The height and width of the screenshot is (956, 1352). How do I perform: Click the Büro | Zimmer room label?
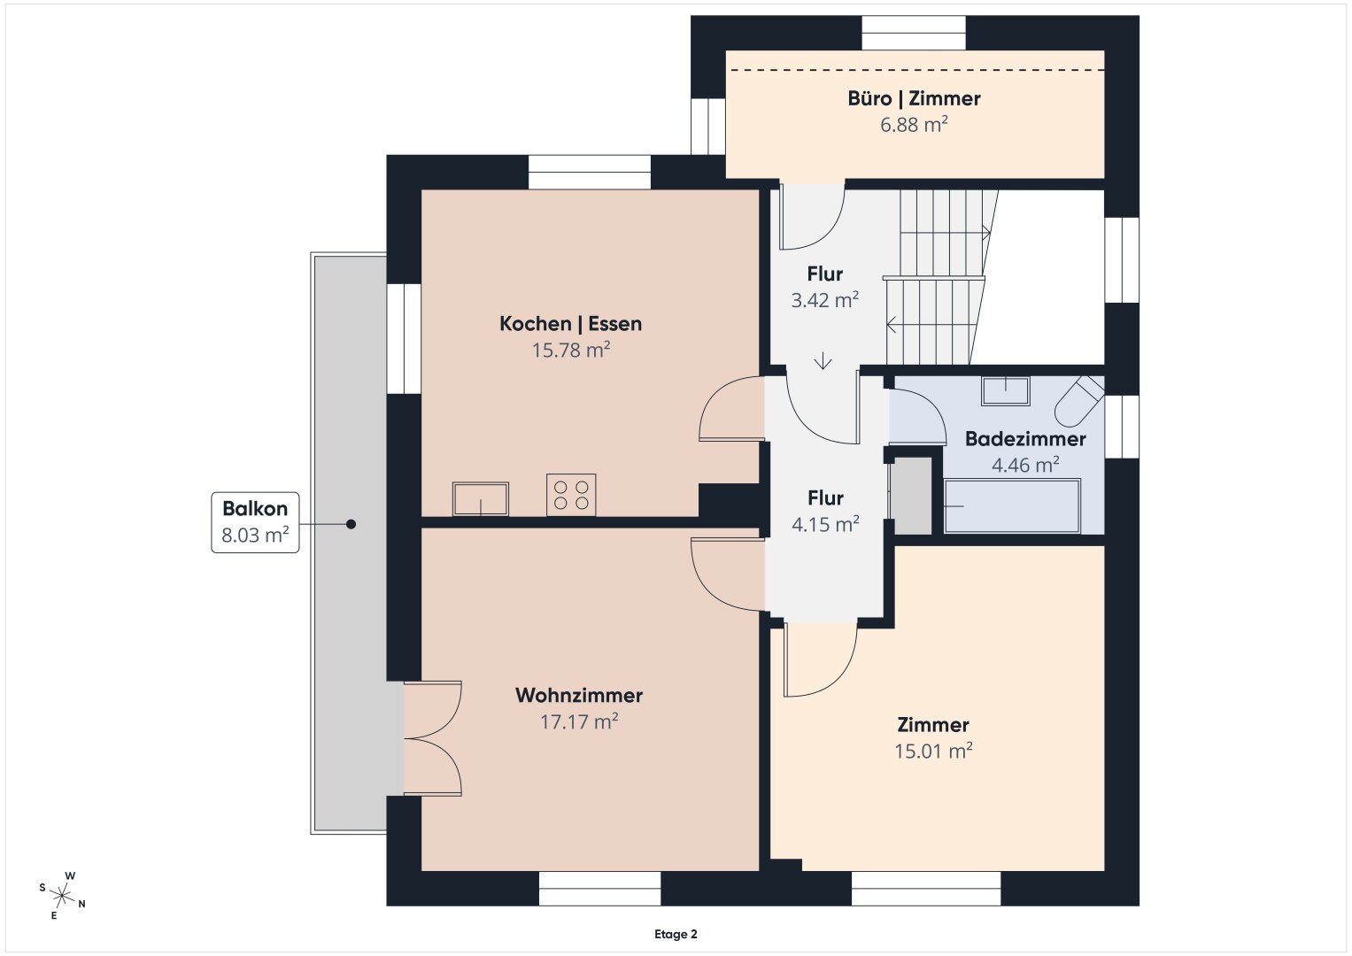coord(914,98)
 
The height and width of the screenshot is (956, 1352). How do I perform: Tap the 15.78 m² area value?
coord(571,350)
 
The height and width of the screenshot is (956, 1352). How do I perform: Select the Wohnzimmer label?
coord(579,695)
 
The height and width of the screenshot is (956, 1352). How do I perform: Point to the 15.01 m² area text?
coord(933,751)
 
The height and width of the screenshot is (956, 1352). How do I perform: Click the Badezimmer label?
coord(1025,439)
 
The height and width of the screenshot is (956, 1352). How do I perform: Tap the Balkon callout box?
coord(255,522)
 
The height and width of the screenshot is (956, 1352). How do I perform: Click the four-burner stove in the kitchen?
coord(571,495)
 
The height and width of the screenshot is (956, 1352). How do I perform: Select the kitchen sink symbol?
coord(481,499)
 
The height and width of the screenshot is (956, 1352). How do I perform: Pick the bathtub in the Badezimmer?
coord(1012,505)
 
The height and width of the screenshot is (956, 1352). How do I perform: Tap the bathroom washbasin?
coord(1006,391)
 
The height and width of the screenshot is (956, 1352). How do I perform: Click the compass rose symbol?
coord(62,896)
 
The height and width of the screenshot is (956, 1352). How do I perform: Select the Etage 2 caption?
coord(676,934)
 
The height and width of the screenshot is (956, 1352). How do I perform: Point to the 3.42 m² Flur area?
coord(824,300)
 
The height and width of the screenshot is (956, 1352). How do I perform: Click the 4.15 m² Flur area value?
coord(825,524)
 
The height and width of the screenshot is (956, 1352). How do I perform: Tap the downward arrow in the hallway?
coord(823,360)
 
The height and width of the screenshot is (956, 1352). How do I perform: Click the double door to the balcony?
coord(433,738)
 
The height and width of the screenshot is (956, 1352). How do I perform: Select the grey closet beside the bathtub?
coord(913,496)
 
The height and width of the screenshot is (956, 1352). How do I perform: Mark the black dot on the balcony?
coord(351,524)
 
